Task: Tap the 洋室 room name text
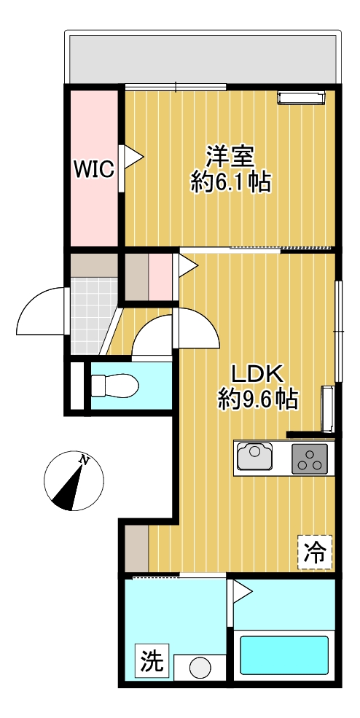[x=230, y=156]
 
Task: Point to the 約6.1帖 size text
[x=230, y=182]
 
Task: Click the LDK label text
[x=257, y=373]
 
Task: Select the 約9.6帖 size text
[x=257, y=399]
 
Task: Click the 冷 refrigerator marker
[x=315, y=552]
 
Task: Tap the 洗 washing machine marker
[x=152, y=661]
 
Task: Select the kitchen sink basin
[x=255, y=457]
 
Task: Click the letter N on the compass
[x=85, y=461]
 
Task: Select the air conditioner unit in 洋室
[x=300, y=97]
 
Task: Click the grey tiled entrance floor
[x=94, y=317]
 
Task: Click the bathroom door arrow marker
[x=241, y=590]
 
